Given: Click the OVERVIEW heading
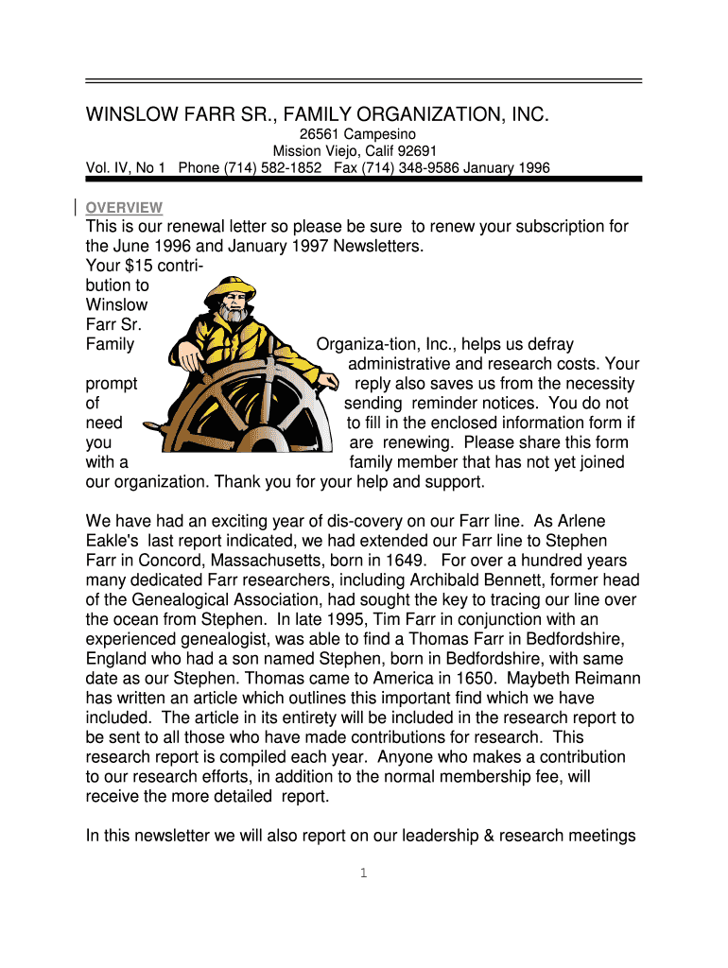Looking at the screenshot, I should [124, 208].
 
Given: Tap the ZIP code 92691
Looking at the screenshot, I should [417, 151].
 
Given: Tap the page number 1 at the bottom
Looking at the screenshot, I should [363, 873].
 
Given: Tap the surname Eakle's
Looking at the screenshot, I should [113, 541].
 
